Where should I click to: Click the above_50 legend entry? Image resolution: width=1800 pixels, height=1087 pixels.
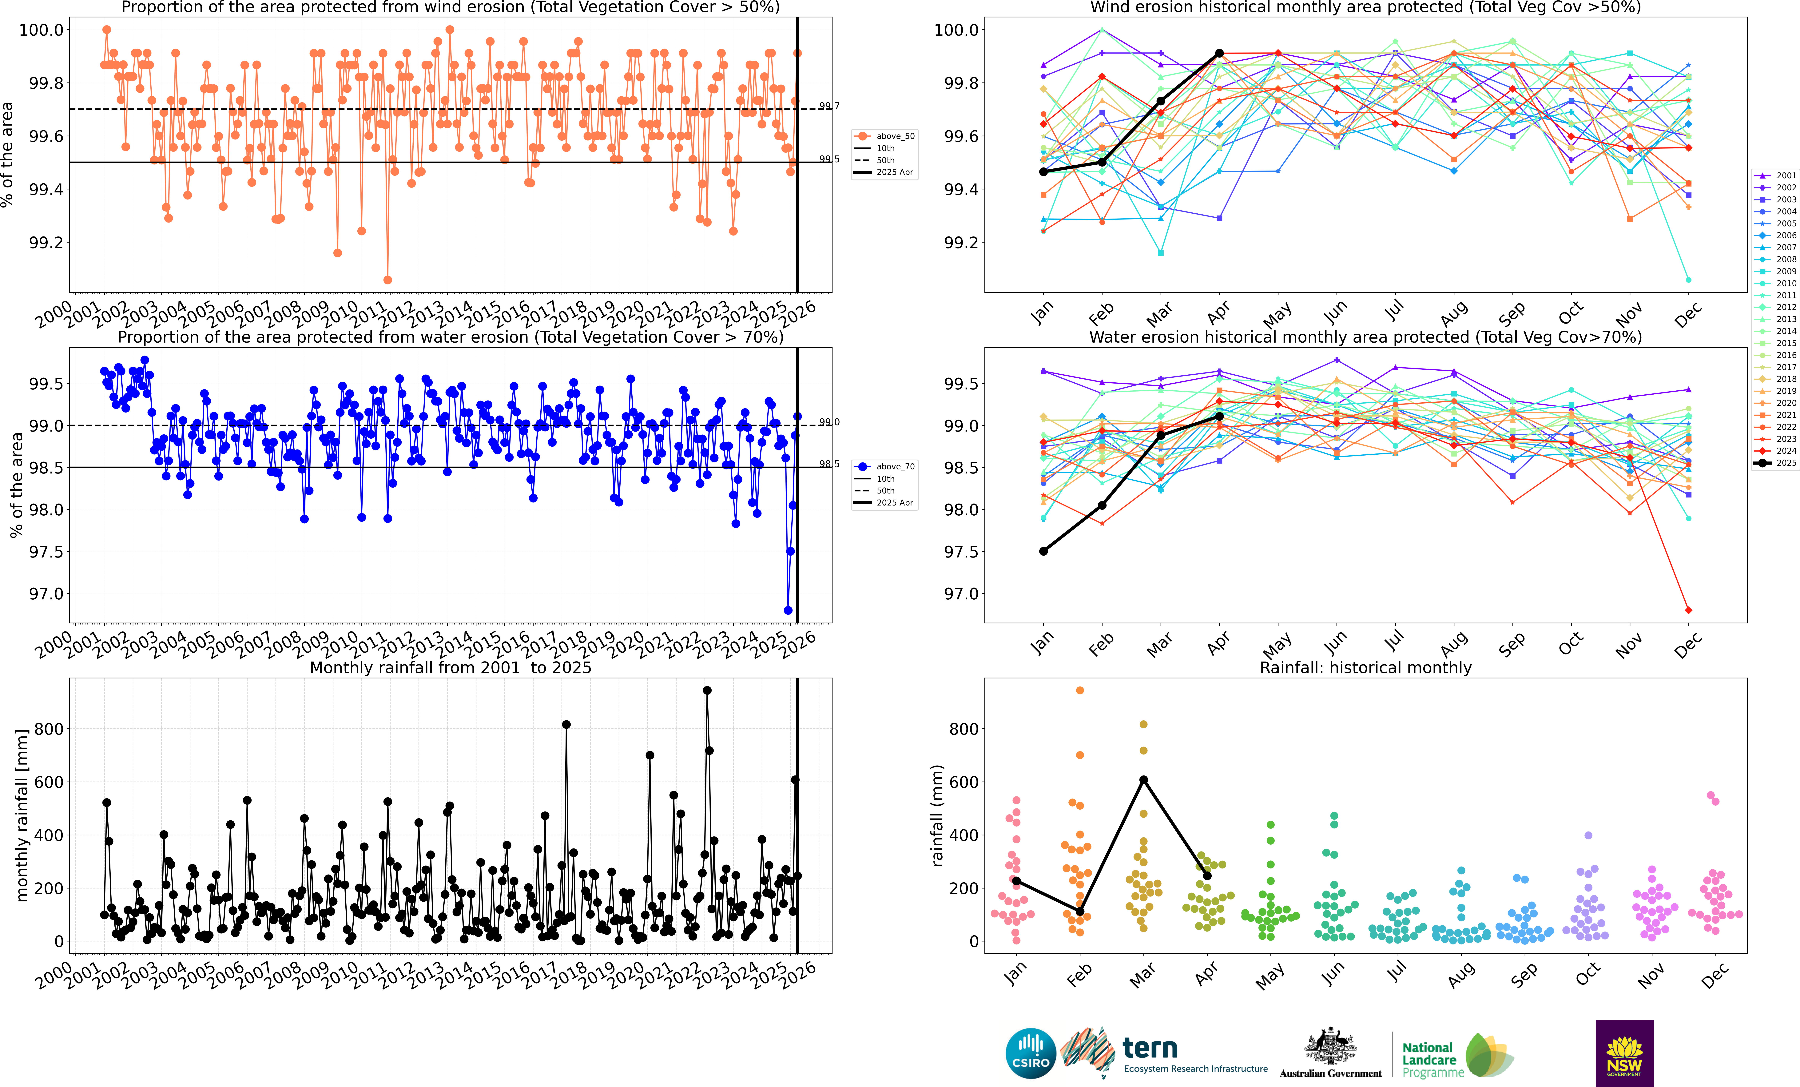pos(884,136)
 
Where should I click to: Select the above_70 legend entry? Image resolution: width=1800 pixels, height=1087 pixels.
pos(884,466)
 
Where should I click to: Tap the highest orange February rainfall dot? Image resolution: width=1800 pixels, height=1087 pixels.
pos(1080,690)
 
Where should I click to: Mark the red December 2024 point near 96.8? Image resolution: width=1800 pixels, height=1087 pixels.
pos(1688,610)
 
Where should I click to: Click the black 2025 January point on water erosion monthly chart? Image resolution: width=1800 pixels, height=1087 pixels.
pos(1043,551)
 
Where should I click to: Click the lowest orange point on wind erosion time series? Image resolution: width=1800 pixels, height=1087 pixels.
pos(388,280)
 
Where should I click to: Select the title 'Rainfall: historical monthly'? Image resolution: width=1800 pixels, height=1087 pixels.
pos(1365,667)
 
